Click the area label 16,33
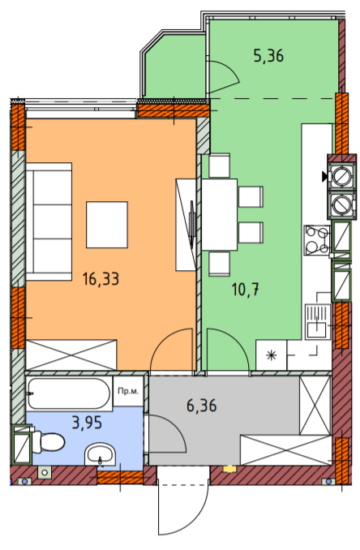tap(101, 280)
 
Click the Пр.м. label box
tap(127, 391)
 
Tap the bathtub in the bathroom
tap(68, 395)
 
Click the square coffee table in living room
tap(108, 224)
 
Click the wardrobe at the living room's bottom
tap(72, 354)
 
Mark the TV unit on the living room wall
tap(186, 223)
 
